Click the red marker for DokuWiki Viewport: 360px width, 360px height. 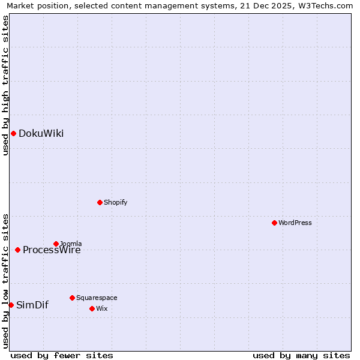point(13,133)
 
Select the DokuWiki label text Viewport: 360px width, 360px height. point(41,133)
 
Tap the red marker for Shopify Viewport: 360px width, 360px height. point(100,202)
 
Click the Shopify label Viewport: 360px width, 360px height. point(115,202)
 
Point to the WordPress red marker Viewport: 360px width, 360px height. point(274,223)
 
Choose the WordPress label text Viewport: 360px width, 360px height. point(295,223)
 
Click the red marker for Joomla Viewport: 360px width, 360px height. point(56,244)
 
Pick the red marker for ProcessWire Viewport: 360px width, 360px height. point(17,250)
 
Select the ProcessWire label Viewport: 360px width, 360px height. point(52,250)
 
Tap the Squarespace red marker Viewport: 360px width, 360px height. point(72,298)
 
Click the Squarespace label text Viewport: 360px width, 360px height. point(97,298)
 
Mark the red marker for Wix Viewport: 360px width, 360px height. point(92,308)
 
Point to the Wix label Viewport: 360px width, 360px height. point(102,308)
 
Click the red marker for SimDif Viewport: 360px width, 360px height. point(11,305)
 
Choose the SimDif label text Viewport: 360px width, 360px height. point(32,305)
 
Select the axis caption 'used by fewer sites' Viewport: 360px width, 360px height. point(62,355)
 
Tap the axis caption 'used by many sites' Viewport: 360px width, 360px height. point(301,355)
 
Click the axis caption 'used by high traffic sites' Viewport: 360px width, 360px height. point(5,85)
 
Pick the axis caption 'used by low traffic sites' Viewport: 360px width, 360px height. point(5,281)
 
